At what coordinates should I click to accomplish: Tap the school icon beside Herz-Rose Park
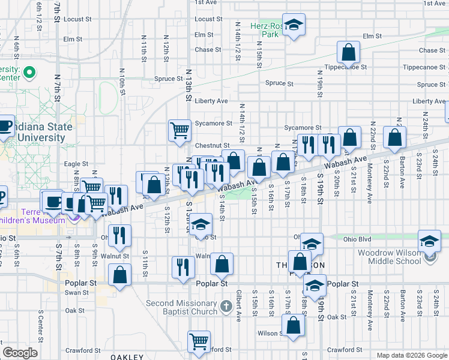point(294,25)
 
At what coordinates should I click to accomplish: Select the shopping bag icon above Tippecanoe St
point(348,53)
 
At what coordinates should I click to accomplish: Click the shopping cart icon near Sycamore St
point(179,130)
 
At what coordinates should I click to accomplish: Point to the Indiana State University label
point(40,132)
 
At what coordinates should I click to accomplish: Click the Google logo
point(20,353)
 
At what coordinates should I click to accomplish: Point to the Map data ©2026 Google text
point(412,355)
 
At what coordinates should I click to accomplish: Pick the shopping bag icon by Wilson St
point(294,326)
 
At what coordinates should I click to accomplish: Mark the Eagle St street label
point(76,164)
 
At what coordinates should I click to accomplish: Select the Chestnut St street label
point(212,145)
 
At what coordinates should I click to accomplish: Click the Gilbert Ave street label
point(239,306)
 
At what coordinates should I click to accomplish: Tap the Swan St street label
point(77,293)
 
